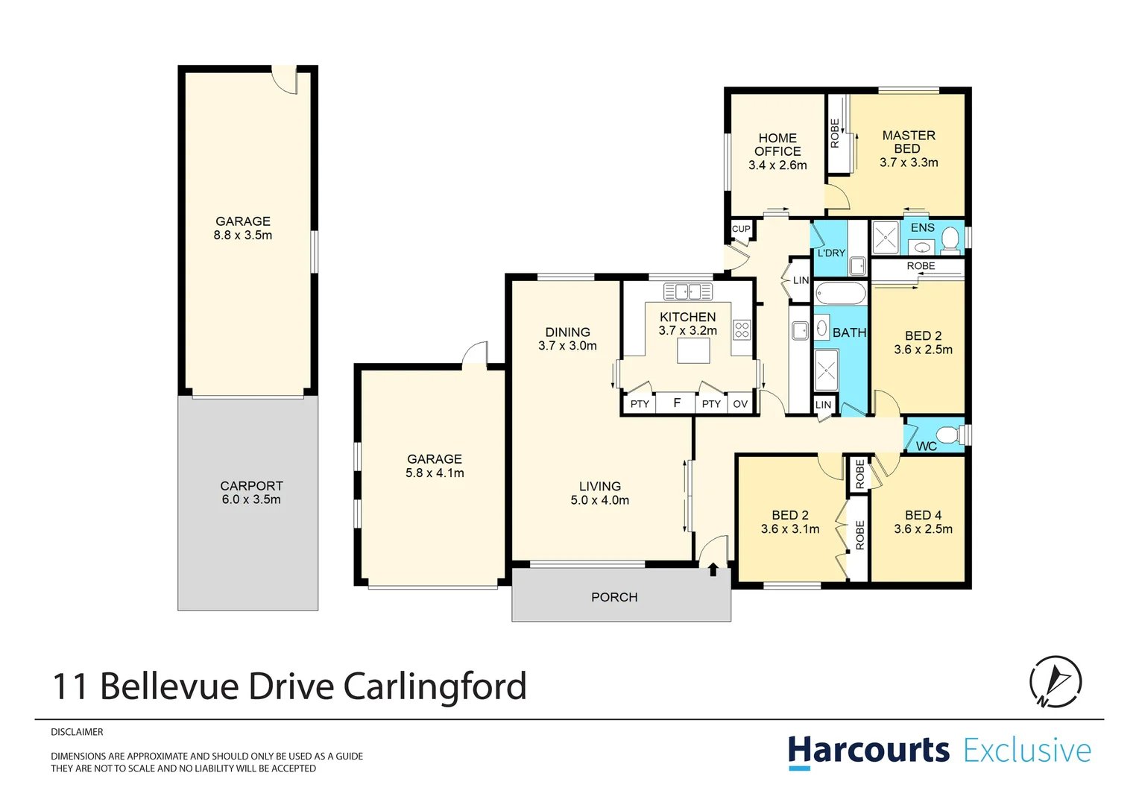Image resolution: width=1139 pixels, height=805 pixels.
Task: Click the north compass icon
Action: tap(1055, 681)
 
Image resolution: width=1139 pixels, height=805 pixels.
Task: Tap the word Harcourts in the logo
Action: tap(868, 750)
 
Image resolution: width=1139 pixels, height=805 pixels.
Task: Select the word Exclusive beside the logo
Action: tap(1027, 750)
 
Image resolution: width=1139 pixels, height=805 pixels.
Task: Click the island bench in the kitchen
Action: tap(693, 350)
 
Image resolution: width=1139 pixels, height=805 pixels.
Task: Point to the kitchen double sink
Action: tap(688, 291)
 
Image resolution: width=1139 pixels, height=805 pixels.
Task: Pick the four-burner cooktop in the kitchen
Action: tap(742, 329)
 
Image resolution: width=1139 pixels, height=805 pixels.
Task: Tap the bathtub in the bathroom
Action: tap(840, 293)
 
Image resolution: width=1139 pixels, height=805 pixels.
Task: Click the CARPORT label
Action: tap(251, 486)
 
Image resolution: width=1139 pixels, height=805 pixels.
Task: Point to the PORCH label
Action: tap(614, 597)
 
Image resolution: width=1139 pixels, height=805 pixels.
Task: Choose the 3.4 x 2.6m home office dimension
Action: tap(777, 165)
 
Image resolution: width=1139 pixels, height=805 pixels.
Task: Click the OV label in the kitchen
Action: tap(740, 404)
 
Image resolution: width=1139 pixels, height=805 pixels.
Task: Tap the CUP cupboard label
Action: tap(741, 229)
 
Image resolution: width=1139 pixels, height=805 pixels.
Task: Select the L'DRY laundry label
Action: tap(831, 253)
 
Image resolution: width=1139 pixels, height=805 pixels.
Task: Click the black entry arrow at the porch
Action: tap(713, 569)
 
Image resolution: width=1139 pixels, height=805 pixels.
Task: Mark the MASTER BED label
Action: tap(908, 142)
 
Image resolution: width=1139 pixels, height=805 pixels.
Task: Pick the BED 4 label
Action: tap(923, 515)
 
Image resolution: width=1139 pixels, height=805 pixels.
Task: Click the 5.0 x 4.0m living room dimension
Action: tap(599, 500)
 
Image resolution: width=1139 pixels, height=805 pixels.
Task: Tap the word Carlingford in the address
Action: tap(435, 686)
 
